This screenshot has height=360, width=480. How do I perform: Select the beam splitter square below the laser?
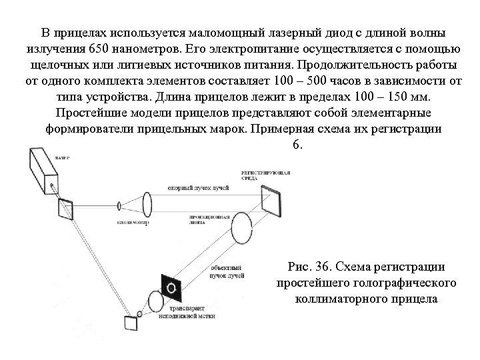tap(66, 209)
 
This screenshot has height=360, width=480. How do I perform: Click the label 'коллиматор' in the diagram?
tap(133, 223)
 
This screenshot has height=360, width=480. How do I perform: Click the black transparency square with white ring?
tap(172, 287)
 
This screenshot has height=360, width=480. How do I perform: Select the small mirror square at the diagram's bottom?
tap(130, 323)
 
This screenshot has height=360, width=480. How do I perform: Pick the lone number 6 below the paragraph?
tap(296, 143)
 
